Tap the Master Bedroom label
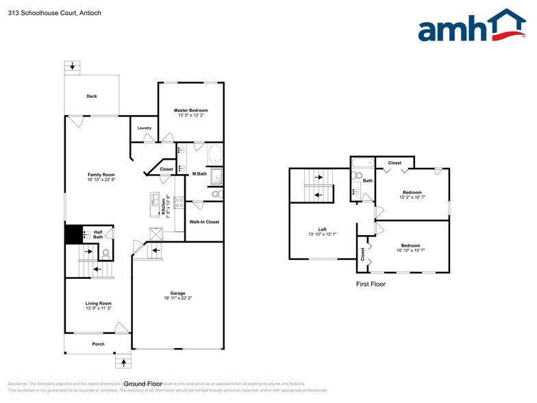190,110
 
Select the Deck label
92,96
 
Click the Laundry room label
144,127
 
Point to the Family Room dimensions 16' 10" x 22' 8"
101,180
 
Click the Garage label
178,293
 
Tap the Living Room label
98,303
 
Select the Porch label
99,343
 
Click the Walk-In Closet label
204,222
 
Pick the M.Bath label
199,173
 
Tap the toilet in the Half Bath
105,254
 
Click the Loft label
322,230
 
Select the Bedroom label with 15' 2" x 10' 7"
412,192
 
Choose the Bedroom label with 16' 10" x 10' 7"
410,245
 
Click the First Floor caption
371,283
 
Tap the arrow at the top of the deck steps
73,66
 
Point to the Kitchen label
163,207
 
